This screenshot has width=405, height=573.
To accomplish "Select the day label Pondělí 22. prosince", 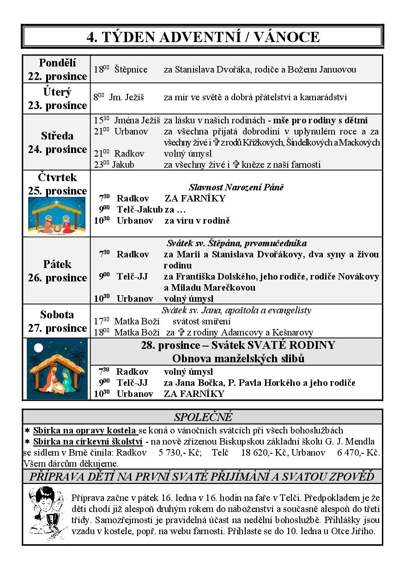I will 57,69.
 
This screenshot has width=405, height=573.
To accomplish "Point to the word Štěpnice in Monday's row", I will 131,70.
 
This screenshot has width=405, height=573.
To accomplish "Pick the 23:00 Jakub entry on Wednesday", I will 123,165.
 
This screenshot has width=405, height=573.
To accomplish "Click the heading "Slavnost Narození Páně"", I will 236,187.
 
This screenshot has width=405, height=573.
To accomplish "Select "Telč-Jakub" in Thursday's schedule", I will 139,209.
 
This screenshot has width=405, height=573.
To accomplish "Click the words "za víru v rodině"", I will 197,220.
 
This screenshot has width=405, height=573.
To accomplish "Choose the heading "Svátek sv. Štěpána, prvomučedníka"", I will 236,243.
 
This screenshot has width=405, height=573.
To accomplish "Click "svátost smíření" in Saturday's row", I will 201,321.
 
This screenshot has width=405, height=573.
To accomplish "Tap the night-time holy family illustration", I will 57,369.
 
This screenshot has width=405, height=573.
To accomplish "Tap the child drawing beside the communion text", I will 46,513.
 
